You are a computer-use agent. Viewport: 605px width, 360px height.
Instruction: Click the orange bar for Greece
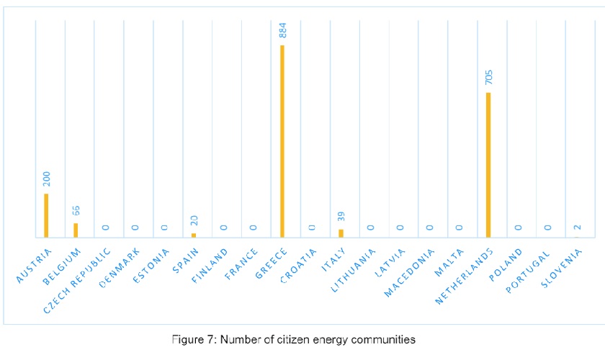pos(282,141)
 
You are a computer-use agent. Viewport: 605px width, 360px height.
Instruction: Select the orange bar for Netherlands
pos(488,165)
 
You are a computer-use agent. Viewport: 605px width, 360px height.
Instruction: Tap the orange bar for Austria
pos(46,215)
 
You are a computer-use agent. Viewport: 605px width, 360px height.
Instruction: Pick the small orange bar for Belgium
pos(76,230)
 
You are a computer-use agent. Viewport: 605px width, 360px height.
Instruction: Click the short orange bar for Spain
pos(194,235)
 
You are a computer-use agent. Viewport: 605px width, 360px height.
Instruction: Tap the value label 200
pos(46,179)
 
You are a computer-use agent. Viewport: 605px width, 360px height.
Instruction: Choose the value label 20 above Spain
pos(194,221)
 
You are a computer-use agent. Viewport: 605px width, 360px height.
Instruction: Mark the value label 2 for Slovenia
pos(577,228)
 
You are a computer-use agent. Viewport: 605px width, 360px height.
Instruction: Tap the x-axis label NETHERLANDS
pos(465,276)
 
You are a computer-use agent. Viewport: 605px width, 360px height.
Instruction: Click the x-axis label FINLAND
pos(211,264)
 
